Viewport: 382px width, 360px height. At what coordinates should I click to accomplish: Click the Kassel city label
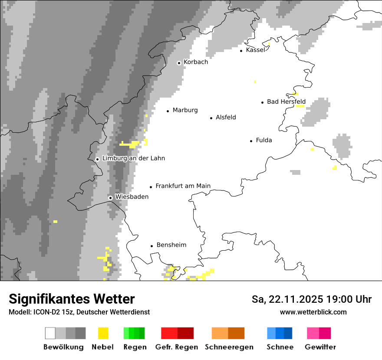(255, 50)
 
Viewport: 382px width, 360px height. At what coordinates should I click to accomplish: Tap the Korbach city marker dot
(179, 63)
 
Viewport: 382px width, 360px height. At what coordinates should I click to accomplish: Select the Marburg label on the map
(185, 110)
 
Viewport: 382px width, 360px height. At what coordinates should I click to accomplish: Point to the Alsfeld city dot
(211, 118)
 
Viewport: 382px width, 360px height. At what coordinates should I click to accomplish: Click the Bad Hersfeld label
(286, 102)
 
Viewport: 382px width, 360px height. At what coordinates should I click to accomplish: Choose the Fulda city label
(264, 140)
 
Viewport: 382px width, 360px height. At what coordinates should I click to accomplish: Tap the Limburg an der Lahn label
(133, 158)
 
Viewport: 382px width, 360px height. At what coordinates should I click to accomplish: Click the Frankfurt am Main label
(183, 186)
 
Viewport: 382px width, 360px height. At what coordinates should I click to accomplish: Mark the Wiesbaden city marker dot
(111, 198)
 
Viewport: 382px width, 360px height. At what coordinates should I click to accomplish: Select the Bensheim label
(171, 245)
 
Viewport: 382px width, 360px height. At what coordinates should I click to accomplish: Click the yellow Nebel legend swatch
(103, 333)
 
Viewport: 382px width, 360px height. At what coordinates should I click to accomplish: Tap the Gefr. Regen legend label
(177, 347)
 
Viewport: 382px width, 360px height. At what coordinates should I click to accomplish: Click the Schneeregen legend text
(229, 347)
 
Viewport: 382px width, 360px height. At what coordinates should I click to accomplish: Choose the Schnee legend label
(280, 347)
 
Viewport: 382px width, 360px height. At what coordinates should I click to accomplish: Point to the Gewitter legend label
(320, 347)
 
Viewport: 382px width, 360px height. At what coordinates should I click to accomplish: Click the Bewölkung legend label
(63, 347)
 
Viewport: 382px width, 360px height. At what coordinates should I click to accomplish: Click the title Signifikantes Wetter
(72, 299)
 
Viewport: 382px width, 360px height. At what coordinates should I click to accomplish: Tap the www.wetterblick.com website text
(313, 312)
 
